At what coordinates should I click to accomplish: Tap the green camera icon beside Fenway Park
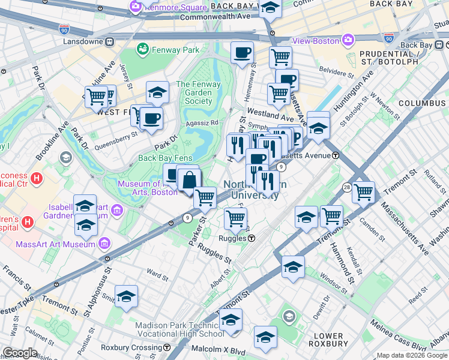point(143,49)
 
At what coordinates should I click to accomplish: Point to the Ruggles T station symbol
point(252,238)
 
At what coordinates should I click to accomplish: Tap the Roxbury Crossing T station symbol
point(166,347)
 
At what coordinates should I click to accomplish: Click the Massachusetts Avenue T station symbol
point(336,155)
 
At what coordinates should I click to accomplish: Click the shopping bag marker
point(189,179)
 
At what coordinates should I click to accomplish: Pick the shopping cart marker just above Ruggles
point(236,218)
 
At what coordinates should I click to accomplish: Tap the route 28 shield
point(347,188)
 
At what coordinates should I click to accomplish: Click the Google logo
point(20,353)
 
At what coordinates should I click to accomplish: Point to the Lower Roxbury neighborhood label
point(329,340)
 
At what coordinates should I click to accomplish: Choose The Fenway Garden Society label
point(194,92)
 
